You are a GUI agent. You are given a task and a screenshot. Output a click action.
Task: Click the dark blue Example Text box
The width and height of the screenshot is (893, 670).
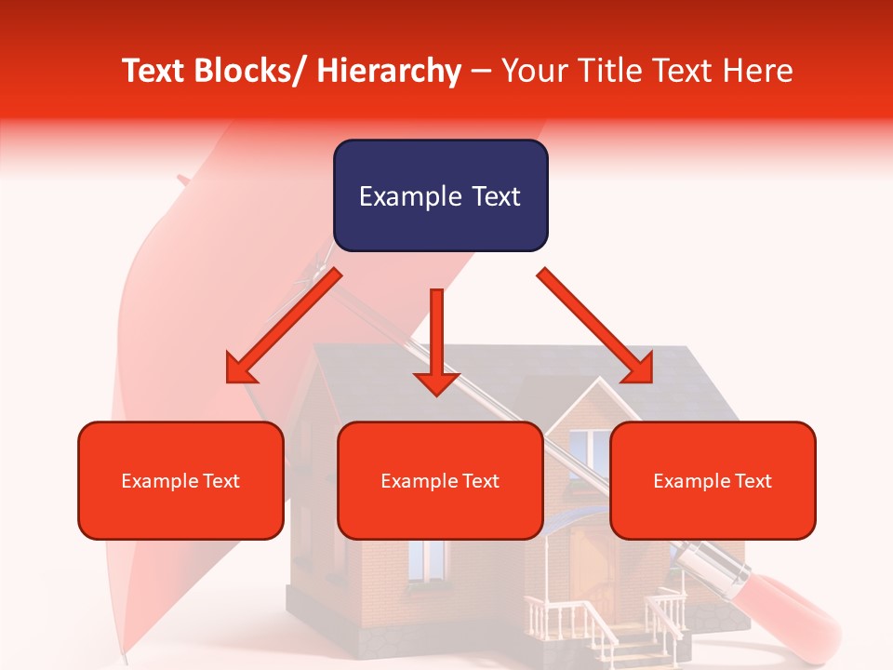coord(440,195)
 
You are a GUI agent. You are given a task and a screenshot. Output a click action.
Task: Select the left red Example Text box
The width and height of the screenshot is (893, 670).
coord(180,480)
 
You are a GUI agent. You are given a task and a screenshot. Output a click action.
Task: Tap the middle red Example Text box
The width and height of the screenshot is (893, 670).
coord(440,480)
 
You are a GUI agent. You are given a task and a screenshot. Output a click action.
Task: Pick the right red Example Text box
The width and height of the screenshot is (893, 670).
coord(713,480)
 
